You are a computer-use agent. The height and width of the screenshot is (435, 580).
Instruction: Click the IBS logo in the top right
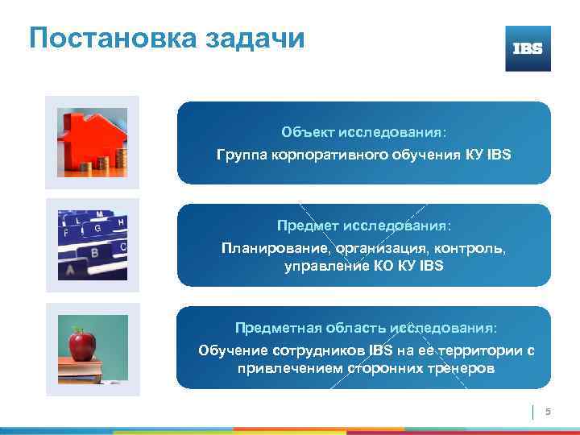528,48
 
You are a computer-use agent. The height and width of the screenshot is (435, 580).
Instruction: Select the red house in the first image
84,139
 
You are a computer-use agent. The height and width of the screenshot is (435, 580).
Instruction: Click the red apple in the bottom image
81,346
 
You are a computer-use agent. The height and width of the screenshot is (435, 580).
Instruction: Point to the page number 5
549,412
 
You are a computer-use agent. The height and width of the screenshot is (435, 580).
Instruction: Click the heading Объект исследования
363,132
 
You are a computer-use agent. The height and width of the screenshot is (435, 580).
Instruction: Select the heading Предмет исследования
363,226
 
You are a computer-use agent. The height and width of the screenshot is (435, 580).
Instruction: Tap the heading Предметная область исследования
366,329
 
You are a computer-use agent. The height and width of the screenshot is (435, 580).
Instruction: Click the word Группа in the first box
241,153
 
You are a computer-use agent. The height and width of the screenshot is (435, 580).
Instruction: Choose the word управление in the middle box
319,265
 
